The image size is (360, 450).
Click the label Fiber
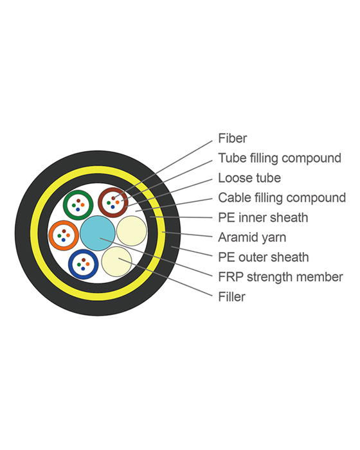(x=232, y=138)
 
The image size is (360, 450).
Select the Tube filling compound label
(x=279, y=158)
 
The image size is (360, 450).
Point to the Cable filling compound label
(x=282, y=198)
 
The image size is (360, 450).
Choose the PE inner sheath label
(x=262, y=218)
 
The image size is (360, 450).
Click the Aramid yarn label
(x=252, y=238)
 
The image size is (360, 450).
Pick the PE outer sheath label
(x=263, y=258)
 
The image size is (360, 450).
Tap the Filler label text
(x=231, y=297)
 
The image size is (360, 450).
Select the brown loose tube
(x=113, y=203)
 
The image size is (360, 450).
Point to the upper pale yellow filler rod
(x=131, y=231)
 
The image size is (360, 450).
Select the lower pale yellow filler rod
(x=116, y=262)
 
